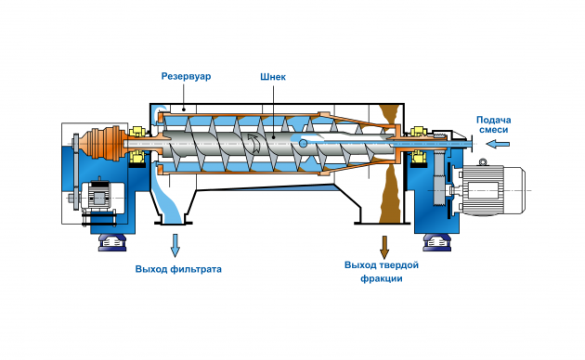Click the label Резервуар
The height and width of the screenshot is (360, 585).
(186, 76)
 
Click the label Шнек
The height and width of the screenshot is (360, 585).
(273, 77)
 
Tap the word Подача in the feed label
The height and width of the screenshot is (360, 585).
(494, 120)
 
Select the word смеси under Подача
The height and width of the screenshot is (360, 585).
(494, 130)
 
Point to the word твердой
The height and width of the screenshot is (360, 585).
(399, 265)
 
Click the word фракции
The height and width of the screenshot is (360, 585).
(382, 278)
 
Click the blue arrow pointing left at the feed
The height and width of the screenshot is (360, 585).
(498, 144)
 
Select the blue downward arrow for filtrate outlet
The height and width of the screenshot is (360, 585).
(175, 245)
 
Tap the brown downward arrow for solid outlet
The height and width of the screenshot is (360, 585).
(384, 247)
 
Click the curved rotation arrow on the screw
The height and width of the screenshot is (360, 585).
(254, 143)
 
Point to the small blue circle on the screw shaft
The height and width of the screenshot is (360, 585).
(303, 143)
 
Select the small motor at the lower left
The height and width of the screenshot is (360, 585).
(97, 197)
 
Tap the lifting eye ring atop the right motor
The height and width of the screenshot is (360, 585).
(483, 161)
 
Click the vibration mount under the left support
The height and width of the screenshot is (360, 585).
(112, 242)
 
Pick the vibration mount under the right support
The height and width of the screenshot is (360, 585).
(436, 242)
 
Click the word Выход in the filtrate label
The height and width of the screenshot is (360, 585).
(151, 269)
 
